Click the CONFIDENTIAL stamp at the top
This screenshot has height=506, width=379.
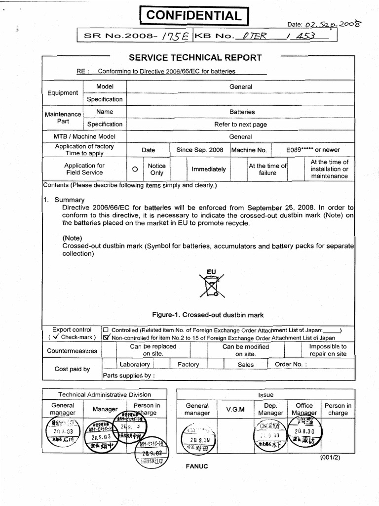pos(193,16)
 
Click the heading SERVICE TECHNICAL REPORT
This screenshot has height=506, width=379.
pos(195,57)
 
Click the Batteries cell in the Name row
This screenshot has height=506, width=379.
pos(242,112)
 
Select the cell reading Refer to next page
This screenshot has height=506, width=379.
pos(240,125)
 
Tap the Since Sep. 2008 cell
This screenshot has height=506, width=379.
pos(200,150)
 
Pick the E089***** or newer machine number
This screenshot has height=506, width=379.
pos(313,150)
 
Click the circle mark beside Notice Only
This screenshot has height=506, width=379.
pos(134,169)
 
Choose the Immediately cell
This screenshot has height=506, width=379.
pos(209,169)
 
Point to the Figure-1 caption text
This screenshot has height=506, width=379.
pos(208,315)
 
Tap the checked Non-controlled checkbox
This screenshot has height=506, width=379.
pos(106,337)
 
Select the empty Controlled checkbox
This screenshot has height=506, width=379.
pos(106,330)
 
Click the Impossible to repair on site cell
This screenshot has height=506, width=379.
pos(328,350)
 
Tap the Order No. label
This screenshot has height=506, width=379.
pos(291,365)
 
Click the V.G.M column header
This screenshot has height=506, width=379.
pos(235,410)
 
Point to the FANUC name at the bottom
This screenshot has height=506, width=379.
pos(197,466)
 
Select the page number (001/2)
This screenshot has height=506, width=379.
pos(331,457)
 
